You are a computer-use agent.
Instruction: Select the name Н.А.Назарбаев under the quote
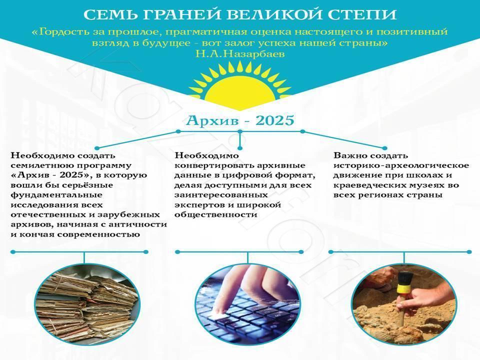click(x=240, y=54)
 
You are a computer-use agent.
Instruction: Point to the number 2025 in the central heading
click(x=274, y=120)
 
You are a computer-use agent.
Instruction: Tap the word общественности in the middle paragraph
click(x=216, y=214)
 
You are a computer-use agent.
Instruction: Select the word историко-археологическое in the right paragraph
click(x=401, y=165)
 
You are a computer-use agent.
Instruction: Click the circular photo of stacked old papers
click(x=87, y=304)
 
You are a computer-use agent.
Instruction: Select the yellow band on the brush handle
click(x=403, y=288)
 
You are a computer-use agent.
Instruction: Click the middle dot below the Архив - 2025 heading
click(x=240, y=131)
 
